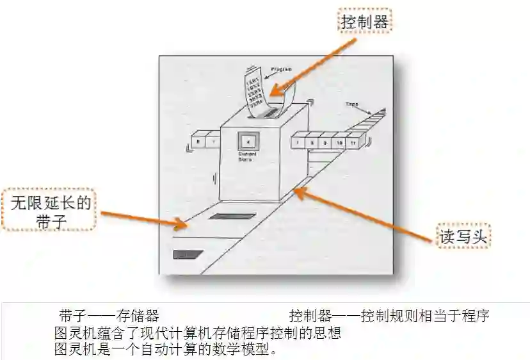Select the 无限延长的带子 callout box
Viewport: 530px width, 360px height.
49,210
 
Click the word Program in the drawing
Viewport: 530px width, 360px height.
282,68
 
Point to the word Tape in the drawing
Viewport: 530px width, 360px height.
352,104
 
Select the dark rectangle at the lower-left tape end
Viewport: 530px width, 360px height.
188,254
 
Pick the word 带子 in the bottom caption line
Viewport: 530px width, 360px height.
71,316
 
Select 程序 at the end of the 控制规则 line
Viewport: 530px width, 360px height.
475,316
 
